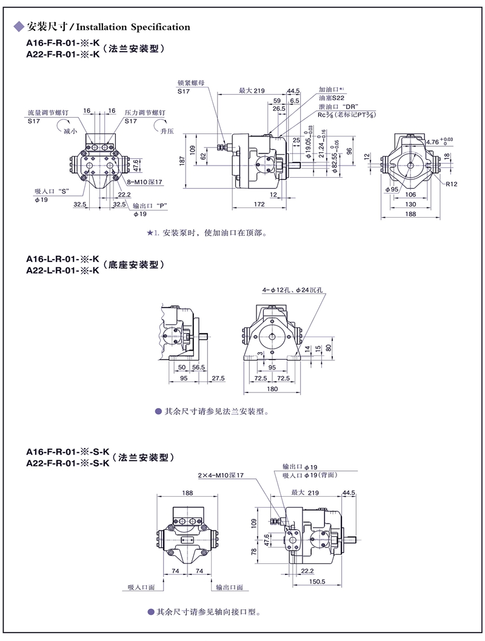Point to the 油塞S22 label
[332, 98]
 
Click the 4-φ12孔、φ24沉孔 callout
[293, 290]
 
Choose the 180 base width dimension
[272, 388]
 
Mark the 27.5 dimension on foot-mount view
[218, 378]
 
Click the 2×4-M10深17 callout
[220, 475]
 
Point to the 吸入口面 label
[141, 588]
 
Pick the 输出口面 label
[229, 588]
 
